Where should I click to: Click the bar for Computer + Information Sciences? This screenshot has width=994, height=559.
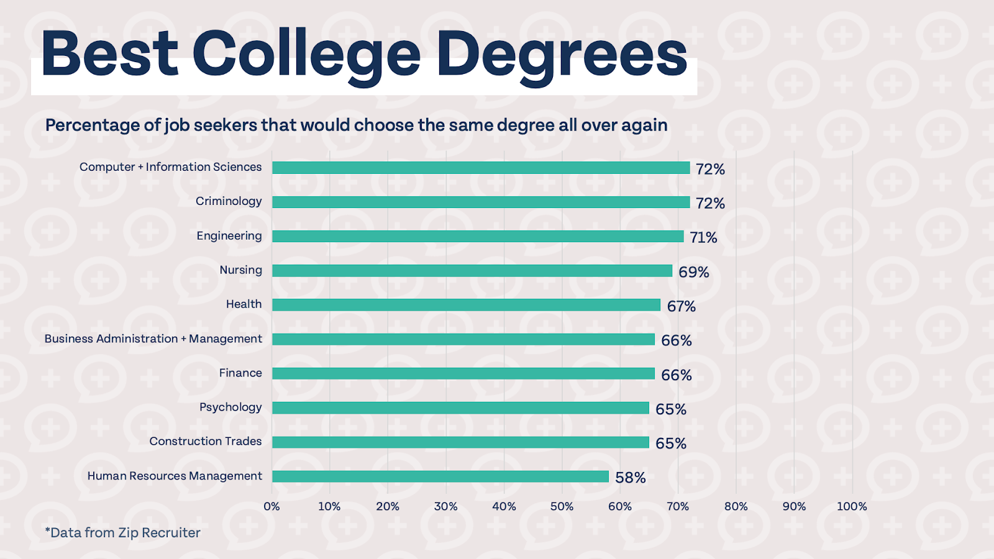tap(481, 168)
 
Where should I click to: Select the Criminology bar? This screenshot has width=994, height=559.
tap(481, 202)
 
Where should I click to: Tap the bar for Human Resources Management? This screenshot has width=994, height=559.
tap(440, 476)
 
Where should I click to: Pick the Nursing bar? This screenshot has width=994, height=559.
tap(472, 271)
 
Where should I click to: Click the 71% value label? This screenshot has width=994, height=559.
tap(703, 237)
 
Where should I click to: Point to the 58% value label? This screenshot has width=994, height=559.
tap(631, 478)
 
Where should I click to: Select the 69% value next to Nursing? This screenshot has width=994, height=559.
tap(693, 272)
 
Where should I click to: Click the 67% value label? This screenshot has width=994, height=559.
tap(682, 306)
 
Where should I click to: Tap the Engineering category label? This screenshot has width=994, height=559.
tap(229, 236)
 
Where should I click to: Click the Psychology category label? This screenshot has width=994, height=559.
tap(230, 407)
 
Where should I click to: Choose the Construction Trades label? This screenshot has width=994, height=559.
tap(206, 442)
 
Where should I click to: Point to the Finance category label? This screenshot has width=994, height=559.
tap(240, 373)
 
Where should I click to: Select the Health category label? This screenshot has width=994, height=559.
tap(244, 304)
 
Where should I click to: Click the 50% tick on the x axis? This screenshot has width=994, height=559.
tap(562, 507)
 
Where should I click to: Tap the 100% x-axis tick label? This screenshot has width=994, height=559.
tap(852, 507)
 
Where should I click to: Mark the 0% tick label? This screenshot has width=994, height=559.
tap(271, 507)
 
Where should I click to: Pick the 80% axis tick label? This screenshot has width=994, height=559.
tap(736, 507)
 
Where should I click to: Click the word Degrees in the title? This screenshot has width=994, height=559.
tap(562, 56)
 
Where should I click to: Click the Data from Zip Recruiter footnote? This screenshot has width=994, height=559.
tap(123, 533)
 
